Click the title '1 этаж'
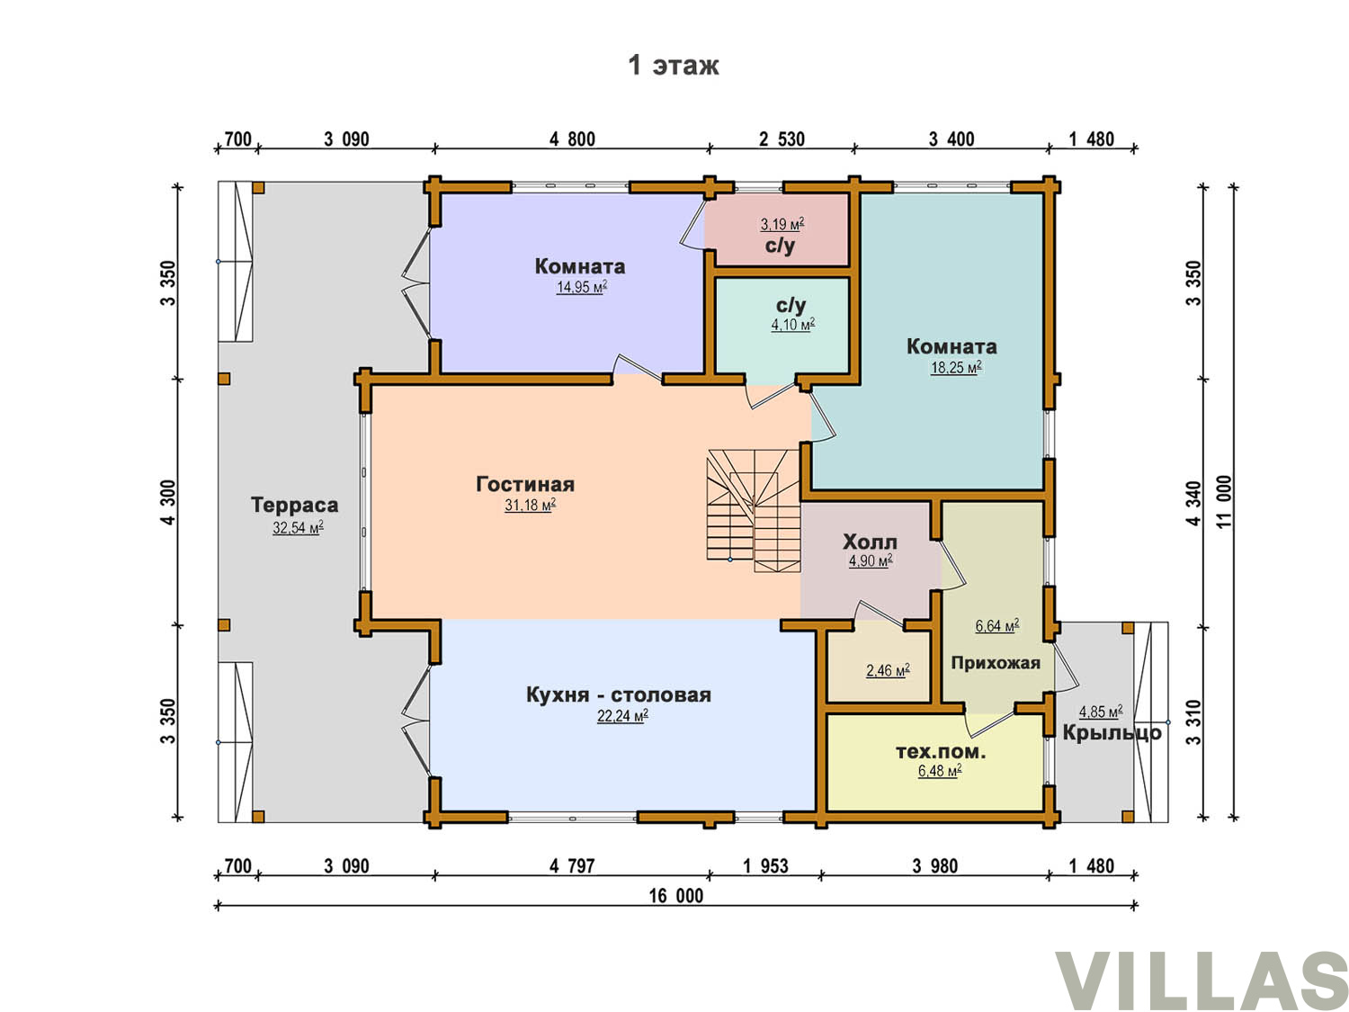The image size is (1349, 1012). click(x=673, y=65)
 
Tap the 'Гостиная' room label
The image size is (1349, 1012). click(x=525, y=484)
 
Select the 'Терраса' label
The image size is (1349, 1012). click(x=294, y=505)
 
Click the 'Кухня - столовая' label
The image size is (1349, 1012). click(x=618, y=695)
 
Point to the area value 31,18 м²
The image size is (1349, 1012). click(x=531, y=505)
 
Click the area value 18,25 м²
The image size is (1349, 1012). click(x=956, y=367)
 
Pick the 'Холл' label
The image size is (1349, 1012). click(x=870, y=542)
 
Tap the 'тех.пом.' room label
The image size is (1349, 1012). click(x=941, y=751)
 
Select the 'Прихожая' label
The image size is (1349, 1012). click(x=996, y=663)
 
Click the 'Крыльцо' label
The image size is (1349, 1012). click(x=1112, y=733)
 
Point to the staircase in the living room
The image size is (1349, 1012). click(x=754, y=511)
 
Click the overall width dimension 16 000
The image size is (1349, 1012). click(x=676, y=896)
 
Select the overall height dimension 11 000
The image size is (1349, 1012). click(x=1224, y=501)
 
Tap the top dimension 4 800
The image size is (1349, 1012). click(x=572, y=139)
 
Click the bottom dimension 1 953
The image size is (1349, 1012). click(x=765, y=865)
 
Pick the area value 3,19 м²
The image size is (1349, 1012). click(x=782, y=224)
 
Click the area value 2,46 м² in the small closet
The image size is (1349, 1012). click(x=888, y=670)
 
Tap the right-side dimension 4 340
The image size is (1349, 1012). click(x=1193, y=504)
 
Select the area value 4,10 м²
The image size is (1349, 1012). click(x=793, y=325)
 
